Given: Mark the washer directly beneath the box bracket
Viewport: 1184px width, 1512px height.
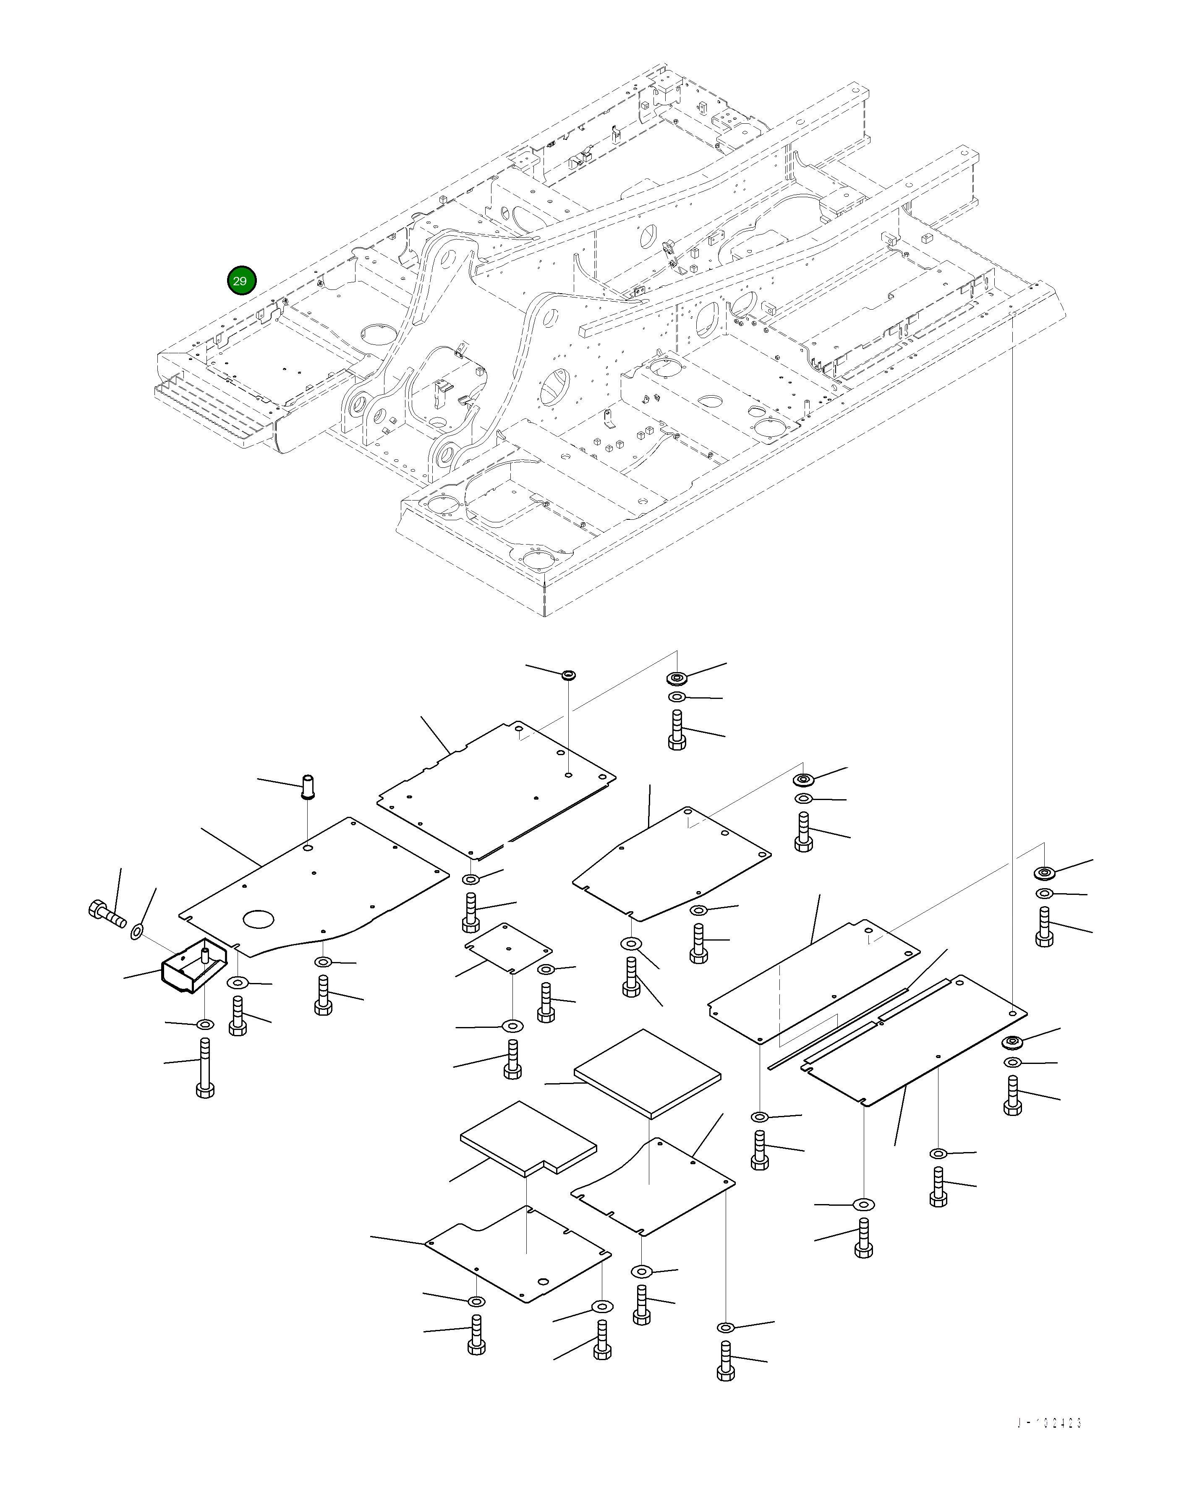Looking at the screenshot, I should [x=205, y=1025].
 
